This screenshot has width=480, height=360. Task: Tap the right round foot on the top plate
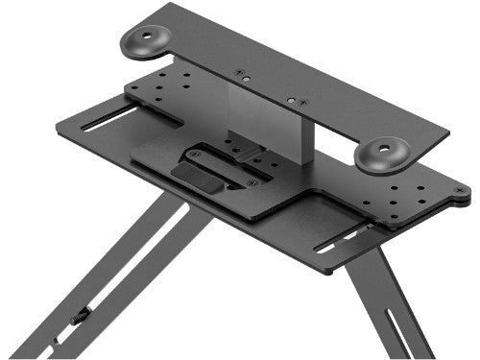(381, 153)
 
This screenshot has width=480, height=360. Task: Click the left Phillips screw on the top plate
(241, 72)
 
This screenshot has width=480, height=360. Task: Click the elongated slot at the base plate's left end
(106, 124)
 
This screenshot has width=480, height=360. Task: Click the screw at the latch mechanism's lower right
(252, 182)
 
